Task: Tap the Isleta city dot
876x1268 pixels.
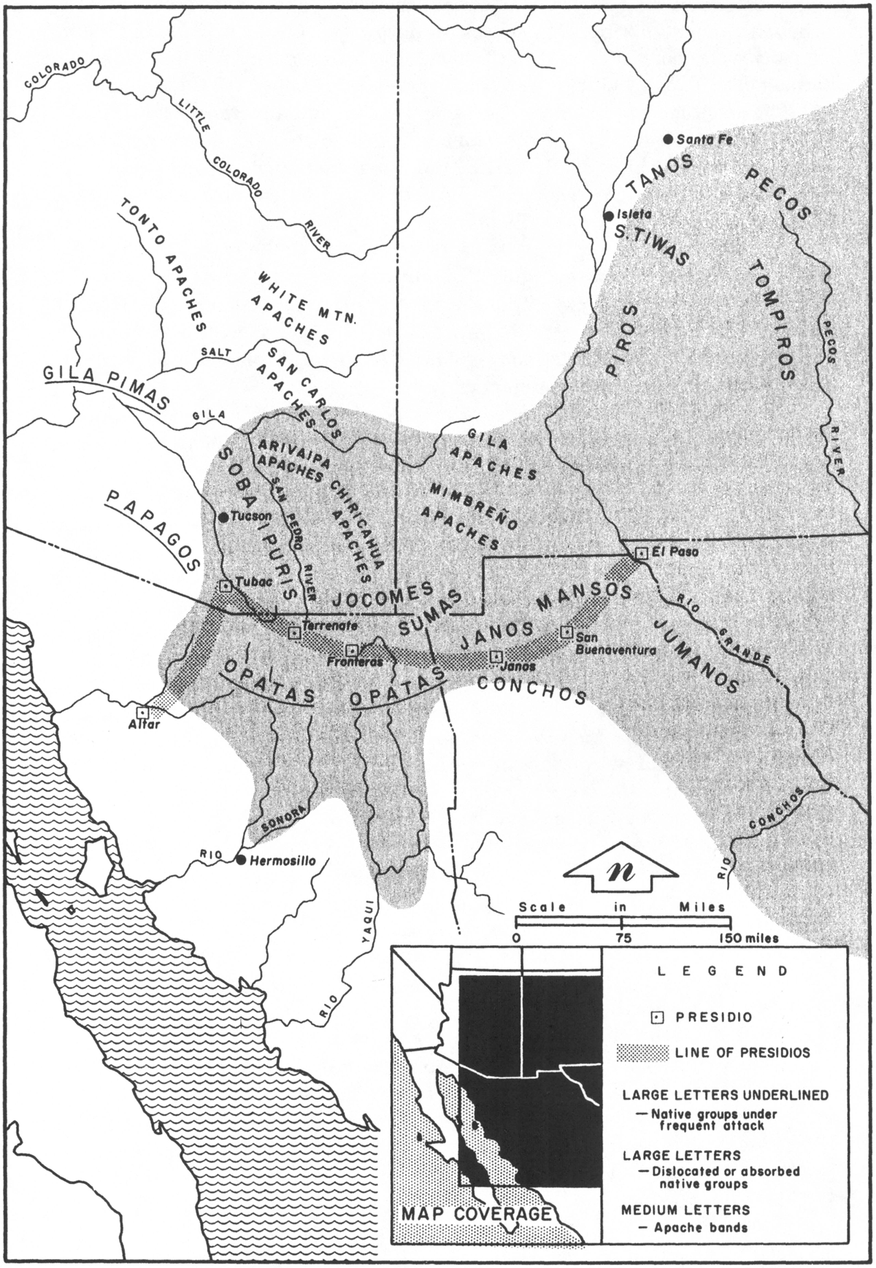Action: point(607,215)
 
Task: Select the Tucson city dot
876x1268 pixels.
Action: point(223,517)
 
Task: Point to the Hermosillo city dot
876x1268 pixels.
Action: point(240,860)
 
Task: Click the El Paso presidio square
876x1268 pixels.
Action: point(640,553)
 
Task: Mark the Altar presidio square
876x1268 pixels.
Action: point(143,710)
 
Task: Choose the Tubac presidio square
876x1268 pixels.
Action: point(225,585)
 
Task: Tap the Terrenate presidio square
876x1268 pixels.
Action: point(294,632)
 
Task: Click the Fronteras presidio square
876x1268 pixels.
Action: point(351,649)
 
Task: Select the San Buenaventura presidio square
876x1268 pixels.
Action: point(566,632)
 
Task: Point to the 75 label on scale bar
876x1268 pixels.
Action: point(623,938)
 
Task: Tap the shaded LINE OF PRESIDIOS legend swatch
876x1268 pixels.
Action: point(642,1053)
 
